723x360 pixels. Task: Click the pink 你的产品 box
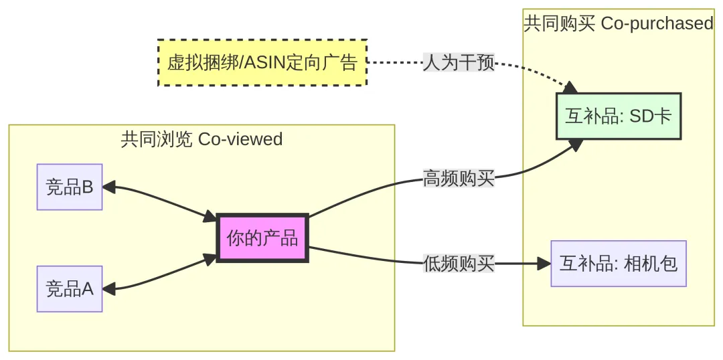[x=262, y=238]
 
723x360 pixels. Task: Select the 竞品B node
[x=70, y=187]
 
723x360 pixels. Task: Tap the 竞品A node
[x=70, y=288]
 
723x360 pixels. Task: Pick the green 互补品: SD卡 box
[x=618, y=116]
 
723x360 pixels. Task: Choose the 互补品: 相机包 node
[x=619, y=263]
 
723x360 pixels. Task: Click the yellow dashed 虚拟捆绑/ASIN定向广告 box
[x=262, y=63]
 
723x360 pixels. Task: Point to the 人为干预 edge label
[x=459, y=63]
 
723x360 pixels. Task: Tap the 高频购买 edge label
[x=459, y=179]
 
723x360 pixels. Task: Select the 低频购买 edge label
[x=459, y=264]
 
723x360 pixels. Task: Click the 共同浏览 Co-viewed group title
[x=202, y=139]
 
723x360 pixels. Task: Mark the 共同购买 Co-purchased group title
[x=618, y=23]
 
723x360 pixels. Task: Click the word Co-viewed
[x=240, y=139]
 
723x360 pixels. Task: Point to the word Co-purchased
[x=657, y=23]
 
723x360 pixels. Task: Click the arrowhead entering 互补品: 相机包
[x=543, y=264]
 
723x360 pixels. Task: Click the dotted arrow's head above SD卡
[x=570, y=88]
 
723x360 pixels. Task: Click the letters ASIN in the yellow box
[x=266, y=63]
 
